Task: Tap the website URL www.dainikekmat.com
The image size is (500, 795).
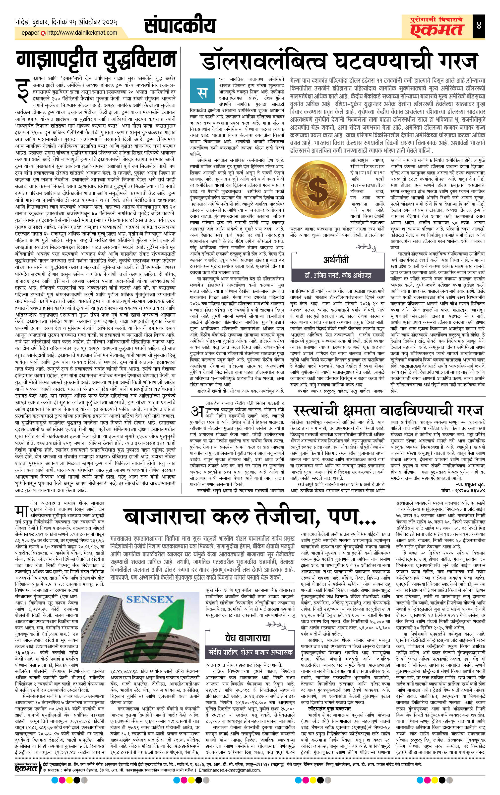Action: [x=82, y=33]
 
